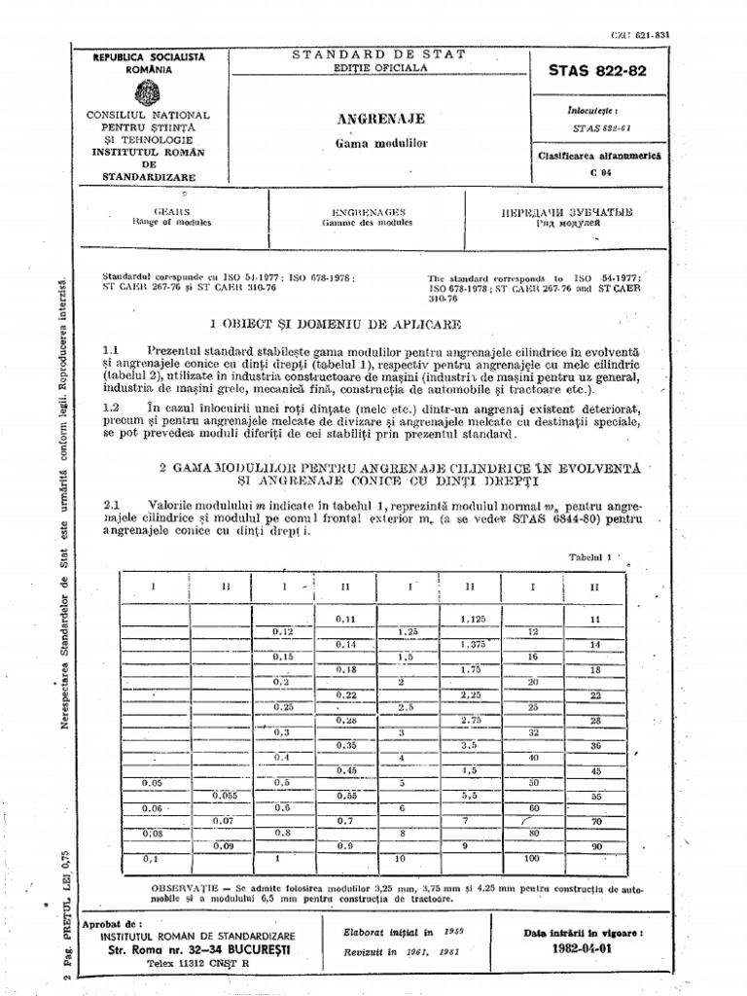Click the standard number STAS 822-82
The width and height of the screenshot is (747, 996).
596,72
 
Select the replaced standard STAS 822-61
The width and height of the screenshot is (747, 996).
596,126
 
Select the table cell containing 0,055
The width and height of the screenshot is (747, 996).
224,795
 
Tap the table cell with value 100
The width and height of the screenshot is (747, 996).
533,860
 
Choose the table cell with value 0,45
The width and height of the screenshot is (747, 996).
344,770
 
